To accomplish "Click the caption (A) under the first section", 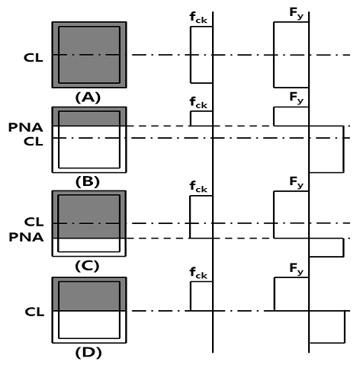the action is click(88, 98).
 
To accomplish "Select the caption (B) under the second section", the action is click(88, 182).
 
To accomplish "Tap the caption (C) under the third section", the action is click(87, 266).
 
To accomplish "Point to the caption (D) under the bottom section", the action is click(88, 353).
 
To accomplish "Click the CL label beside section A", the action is click(34, 58).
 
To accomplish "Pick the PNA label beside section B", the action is click(26, 127).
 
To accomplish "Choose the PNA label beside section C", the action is click(26, 237).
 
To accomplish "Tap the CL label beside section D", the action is click(34, 312).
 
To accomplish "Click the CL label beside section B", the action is click(34, 142).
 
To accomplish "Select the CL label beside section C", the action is click(34, 222).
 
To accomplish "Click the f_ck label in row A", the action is click(198, 18).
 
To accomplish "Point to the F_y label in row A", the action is click(297, 13).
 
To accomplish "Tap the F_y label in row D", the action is click(297, 269).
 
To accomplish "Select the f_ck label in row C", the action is click(198, 187).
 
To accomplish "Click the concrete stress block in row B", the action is click(201, 118).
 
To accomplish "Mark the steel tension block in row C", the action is click(326, 248).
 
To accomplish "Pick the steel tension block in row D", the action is click(327, 327).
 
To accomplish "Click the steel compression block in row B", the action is click(291, 117).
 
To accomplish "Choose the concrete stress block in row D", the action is click(201, 296).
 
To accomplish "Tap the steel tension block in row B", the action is click(326, 149).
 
